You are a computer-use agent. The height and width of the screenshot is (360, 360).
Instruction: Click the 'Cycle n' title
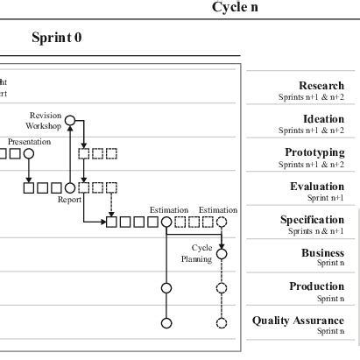pyautogui.click(x=236, y=8)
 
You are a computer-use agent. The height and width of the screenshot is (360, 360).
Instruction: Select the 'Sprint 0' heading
pyautogui.click(x=57, y=39)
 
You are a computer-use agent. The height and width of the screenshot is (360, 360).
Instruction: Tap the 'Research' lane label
pyautogui.click(x=321, y=86)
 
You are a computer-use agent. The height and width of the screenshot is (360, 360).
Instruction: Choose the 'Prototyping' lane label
pyautogui.click(x=314, y=152)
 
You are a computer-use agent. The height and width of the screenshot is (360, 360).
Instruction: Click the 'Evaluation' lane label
pyautogui.click(x=317, y=187)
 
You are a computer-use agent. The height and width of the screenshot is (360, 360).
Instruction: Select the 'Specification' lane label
pyautogui.click(x=312, y=220)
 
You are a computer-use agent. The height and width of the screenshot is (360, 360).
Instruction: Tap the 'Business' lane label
pyautogui.click(x=322, y=252)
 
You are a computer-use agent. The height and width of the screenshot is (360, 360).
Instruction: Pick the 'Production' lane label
pyautogui.click(x=316, y=286)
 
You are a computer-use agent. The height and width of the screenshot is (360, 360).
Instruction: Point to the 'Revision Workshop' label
pyautogui.click(x=45, y=121)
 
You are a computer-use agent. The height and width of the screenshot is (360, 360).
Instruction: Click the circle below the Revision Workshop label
pyautogui.click(x=70, y=120)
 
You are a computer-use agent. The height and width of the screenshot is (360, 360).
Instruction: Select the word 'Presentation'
pyautogui.click(x=30, y=141)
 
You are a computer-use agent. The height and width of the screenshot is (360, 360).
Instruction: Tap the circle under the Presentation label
pyautogui.click(x=29, y=154)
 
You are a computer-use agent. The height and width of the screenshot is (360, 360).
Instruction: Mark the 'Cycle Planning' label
pyautogui.click(x=197, y=254)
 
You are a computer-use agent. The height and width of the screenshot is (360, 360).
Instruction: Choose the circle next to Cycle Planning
pyautogui.click(x=222, y=254)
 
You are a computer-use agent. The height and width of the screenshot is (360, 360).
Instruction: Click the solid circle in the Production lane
pyautogui.click(x=166, y=287)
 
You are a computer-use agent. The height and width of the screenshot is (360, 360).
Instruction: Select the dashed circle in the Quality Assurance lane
pyautogui.click(x=222, y=322)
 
